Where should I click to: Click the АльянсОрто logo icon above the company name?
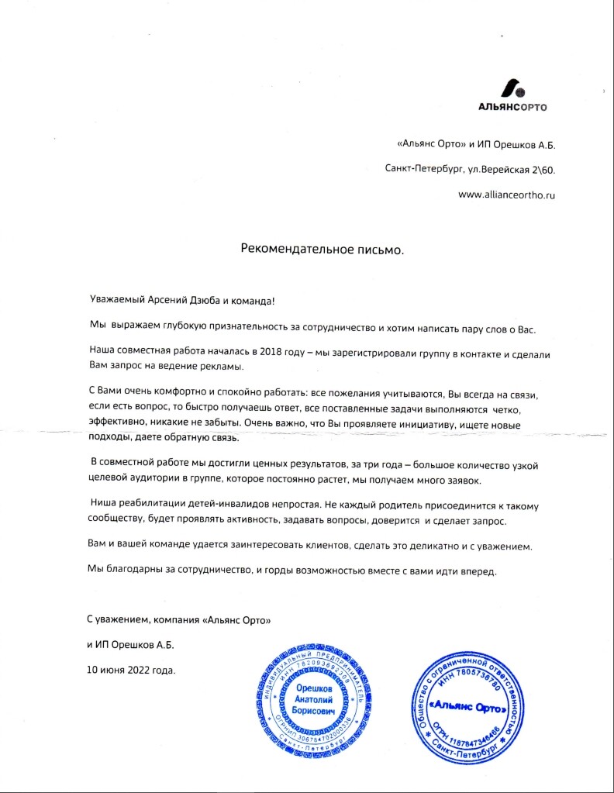coord(511,87)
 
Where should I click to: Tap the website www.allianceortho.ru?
coord(507,195)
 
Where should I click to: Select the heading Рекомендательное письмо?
coord(323,250)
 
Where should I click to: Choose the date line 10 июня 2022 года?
coord(131,668)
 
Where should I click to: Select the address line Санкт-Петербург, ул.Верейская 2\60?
coord(470,169)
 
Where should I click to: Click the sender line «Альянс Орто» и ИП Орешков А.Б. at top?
coord(476,143)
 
